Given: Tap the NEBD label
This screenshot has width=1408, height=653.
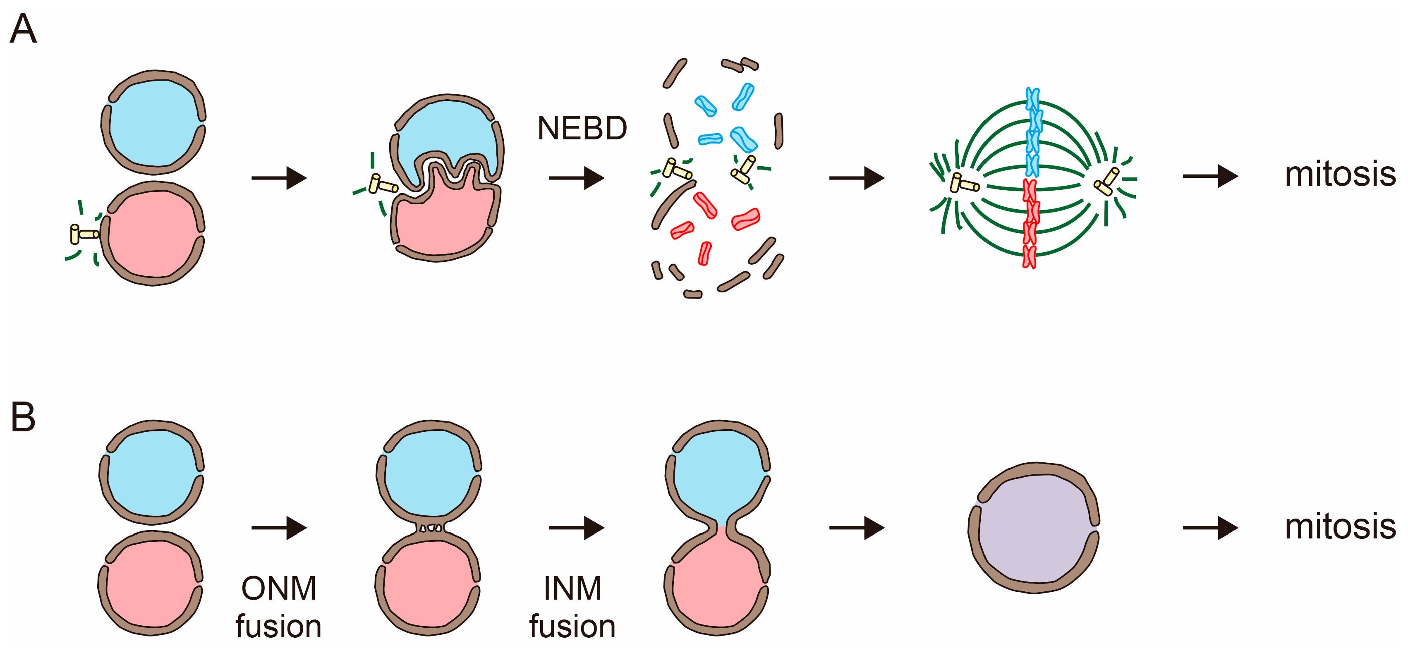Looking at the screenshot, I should (582, 129).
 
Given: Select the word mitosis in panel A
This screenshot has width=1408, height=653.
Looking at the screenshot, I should (1340, 175).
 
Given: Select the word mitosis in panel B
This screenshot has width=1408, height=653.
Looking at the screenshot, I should (1340, 527).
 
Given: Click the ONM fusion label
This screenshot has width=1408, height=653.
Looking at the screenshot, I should (279, 607).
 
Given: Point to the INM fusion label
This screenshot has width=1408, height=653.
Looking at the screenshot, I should (572, 607).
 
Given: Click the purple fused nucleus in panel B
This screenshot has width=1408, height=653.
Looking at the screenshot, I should (1033, 527).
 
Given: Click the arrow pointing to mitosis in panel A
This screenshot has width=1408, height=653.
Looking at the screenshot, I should (1210, 177).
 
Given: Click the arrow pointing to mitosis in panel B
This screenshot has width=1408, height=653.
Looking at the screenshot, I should (1210, 528).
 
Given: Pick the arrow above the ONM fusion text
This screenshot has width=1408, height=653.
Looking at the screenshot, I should (279, 528).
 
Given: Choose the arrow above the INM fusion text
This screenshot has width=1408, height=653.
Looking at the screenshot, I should (576, 528).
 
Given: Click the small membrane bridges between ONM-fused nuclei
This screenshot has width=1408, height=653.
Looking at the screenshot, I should (431, 528).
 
